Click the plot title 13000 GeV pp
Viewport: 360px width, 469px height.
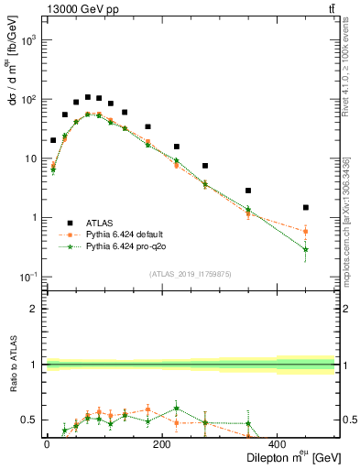point(79,9)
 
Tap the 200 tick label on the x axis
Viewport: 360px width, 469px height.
point(161,444)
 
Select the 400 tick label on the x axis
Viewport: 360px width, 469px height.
point(277,444)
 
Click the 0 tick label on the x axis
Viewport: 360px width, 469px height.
point(47,444)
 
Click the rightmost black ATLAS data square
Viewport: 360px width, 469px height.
point(306,208)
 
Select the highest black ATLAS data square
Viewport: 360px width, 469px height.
point(88,96)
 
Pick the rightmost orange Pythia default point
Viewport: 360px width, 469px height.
point(306,231)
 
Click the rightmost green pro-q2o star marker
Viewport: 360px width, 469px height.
point(306,249)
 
